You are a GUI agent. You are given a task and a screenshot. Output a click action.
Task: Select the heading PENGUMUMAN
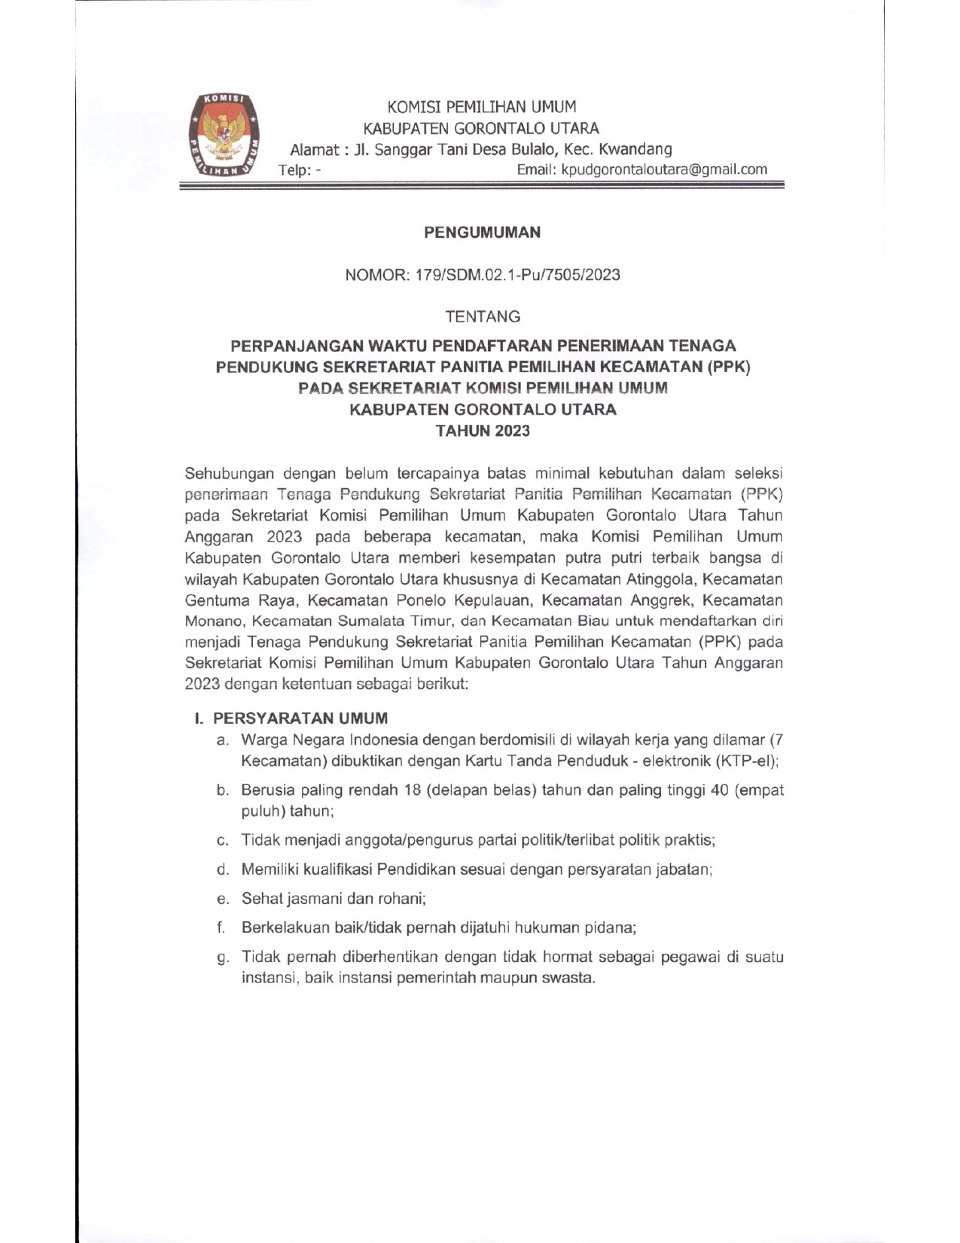(482, 233)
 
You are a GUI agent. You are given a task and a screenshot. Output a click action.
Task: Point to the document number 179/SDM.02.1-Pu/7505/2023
(517, 275)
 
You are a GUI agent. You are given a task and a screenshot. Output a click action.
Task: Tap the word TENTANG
(482, 316)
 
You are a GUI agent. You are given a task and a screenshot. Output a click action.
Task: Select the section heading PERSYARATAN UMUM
(300, 718)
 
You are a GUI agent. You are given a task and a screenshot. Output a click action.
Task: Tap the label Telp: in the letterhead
(294, 170)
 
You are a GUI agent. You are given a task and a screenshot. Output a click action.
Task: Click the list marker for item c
(222, 840)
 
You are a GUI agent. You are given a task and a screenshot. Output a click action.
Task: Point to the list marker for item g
(222, 957)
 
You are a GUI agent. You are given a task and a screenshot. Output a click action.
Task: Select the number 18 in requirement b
(411, 790)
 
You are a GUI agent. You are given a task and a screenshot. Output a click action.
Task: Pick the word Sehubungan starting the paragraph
(229, 474)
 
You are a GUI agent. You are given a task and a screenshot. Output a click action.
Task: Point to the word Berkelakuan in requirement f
(285, 928)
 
